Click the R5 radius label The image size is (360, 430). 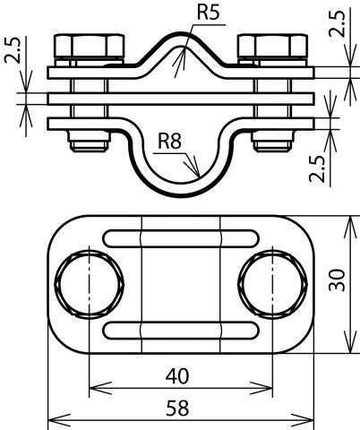click(x=208, y=13)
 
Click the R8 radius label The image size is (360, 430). click(x=169, y=141)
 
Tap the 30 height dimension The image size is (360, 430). click(x=337, y=280)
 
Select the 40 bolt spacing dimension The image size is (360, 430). click(x=177, y=376)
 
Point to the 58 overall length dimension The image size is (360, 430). click(x=177, y=408)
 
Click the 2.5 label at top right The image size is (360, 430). click(x=338, y=23)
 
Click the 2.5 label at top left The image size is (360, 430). click(x=13, y=50)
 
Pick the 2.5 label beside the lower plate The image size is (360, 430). click(x=317, y=168)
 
